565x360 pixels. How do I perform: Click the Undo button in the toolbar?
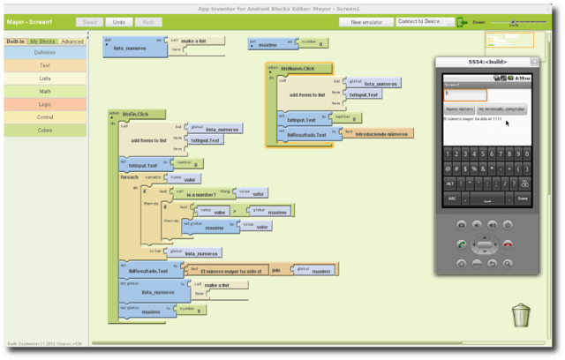pyautogui.click(x=117, y=21)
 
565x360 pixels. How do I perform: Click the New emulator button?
pyautogui.click(x=365, y=21)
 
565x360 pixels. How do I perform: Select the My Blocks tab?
pyautogui.click(x=41, y=41)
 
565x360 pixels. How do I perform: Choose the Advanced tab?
pyautogui.click(x=72, y=41)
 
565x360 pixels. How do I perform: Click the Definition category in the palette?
pyautogui.click(x=44, y=53)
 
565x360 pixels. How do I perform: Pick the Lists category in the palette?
pyautogui.click(x=44, y=78)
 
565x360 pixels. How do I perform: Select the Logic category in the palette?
pyautogui.click(x=44, y=103)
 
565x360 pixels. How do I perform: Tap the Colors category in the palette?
pyautogui.click(x=44, y=129)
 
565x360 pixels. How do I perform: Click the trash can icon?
pyautogui.click(x=522, y=313)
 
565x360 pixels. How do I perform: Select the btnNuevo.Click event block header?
pyautogui.click(x=294, y=68)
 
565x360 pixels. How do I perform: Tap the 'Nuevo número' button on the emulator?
pyautogui.click(x=459, y=109)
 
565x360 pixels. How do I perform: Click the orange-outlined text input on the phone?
pyautogui.click(x=464, y=94)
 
